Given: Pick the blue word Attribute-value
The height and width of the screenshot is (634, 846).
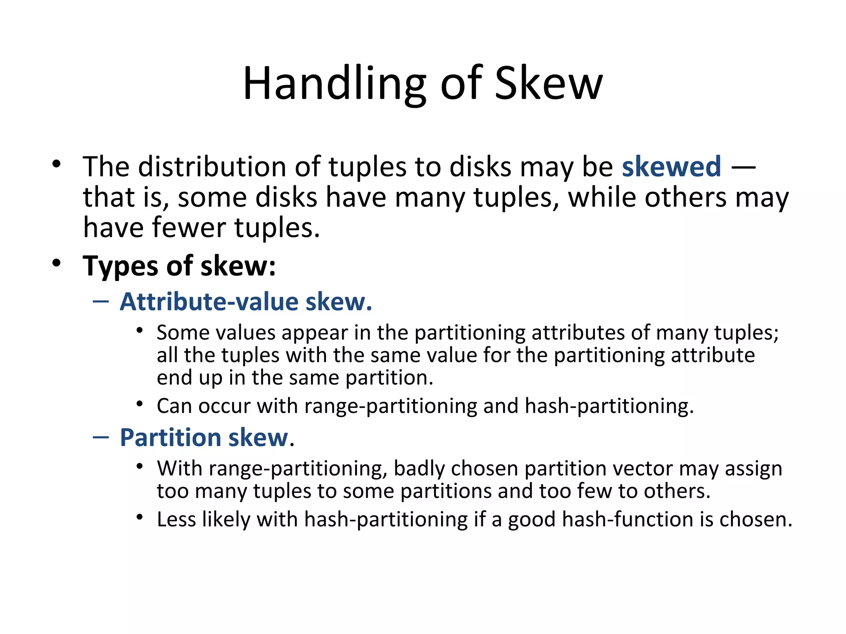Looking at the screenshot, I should [x=209, y=301].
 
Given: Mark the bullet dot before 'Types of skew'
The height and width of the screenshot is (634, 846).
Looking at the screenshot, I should [x=57, y=263].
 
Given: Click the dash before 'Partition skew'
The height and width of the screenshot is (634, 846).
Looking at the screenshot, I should [x=101, y=437].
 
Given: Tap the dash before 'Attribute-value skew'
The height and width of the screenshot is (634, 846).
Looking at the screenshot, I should [x=101, y=302].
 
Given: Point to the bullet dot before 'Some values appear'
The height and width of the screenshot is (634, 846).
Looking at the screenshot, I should [x=140, y=330].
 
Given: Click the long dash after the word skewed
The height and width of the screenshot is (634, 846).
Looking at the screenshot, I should [x=743, y=168].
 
